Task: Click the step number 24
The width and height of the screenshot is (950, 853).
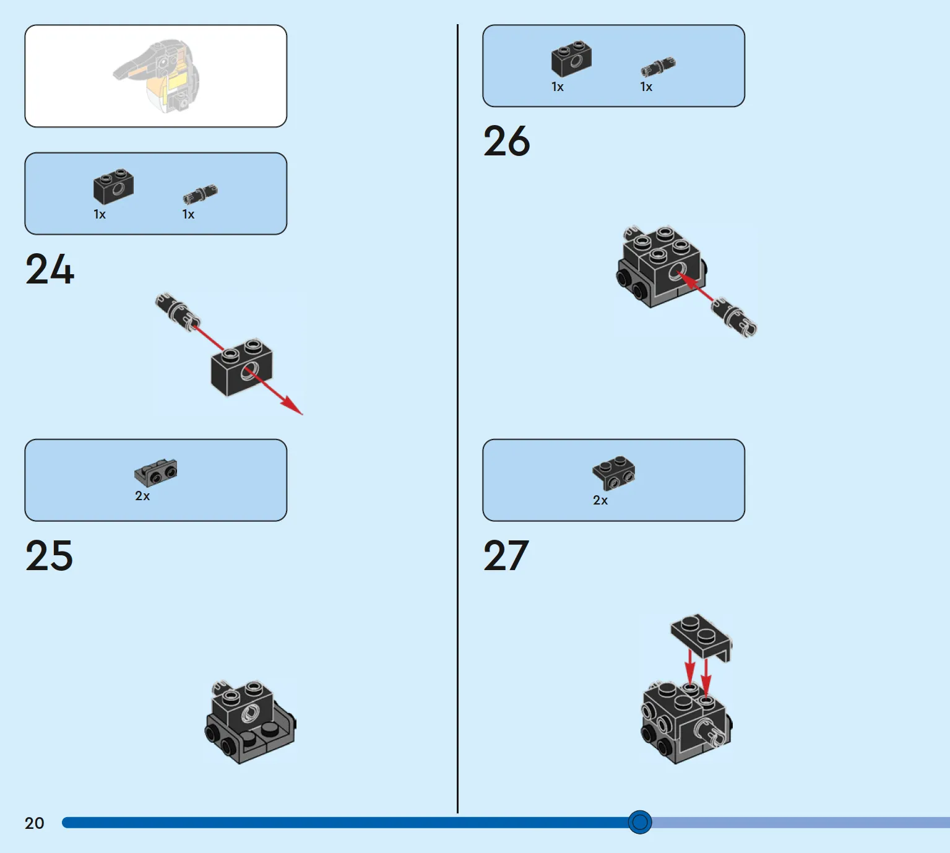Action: point(50,269)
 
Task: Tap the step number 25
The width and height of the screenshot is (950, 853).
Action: point(50,555)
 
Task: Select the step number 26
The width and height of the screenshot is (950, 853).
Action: point(506,141)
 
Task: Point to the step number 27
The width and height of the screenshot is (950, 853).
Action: point(506,555)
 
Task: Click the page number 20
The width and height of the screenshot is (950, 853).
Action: point(34,823)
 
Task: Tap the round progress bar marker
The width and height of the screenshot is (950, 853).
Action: point(639,822)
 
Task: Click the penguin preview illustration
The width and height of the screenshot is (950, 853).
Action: point(157,76)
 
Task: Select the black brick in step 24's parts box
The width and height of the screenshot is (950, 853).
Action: point(113,186)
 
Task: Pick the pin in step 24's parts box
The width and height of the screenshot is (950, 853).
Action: point(201,194)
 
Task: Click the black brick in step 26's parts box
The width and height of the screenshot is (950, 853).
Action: point(571,59)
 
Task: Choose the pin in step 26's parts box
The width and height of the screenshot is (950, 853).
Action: point(659,67)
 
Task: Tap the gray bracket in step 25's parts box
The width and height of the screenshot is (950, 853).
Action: point(156,472)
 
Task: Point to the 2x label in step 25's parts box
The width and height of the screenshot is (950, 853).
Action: point(142,496)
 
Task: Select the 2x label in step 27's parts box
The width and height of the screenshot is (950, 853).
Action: point(600,500)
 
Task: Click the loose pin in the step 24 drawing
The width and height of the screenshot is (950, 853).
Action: point(178,313)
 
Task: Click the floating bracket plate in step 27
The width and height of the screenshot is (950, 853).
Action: point(701,638)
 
